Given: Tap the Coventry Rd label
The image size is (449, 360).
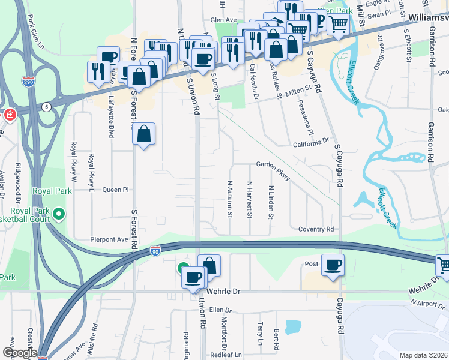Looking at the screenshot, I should pos(316,229).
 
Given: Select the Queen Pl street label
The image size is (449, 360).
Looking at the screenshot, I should pos(116,190).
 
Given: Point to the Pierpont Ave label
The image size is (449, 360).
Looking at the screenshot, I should pos(110,239).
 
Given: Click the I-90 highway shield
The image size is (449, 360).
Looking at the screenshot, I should pos(155,251).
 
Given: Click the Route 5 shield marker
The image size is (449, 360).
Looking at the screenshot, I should pos(47,107).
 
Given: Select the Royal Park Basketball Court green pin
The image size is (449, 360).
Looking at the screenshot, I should pos(59,214).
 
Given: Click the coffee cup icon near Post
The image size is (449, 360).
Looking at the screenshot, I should pos(333,265).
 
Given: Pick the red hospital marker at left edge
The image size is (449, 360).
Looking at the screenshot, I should pos(10,114).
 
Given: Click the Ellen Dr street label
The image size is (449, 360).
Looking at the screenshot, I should pos(220,310).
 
